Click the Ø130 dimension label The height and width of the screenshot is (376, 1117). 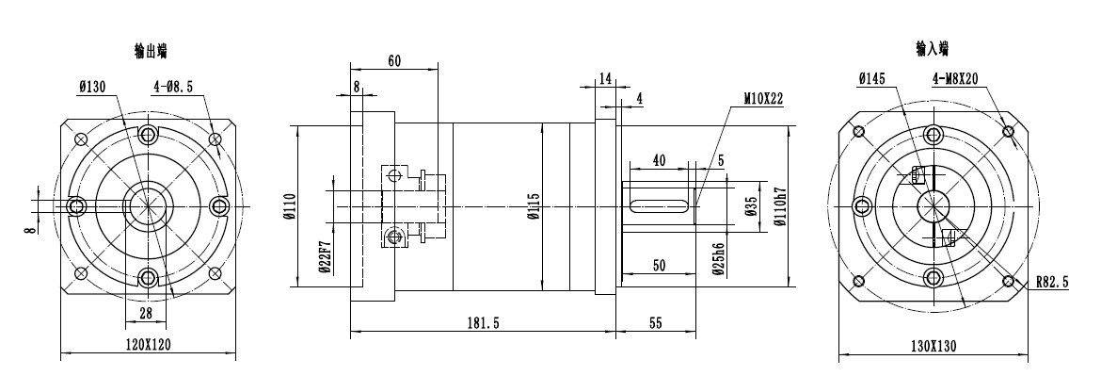(92, 87)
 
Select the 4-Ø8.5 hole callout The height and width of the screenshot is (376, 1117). (173, 87)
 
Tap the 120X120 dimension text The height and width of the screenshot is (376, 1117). (148, 345)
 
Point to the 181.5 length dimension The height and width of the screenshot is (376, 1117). (483, 323)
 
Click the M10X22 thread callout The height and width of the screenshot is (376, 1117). (763, 99)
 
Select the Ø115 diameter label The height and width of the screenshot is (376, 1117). (535, 206)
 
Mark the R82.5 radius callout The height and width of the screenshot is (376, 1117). (1053, 283)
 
